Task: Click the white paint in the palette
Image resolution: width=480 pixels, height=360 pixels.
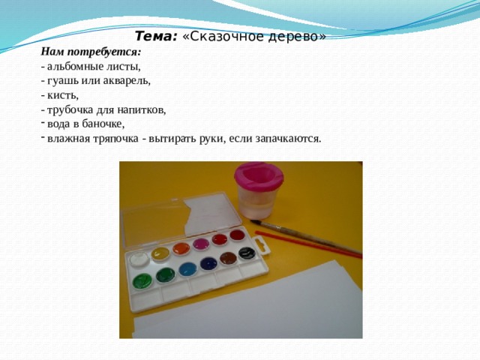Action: (139, 259)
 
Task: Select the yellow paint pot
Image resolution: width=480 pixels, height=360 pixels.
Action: (160, 253)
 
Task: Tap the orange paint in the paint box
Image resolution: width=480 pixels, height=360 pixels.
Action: (181, 248)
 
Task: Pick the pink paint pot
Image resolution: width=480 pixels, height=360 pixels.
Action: (201, 244)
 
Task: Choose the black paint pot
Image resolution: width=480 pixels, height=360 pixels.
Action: (247, 253)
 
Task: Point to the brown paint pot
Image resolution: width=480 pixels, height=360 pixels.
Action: (228, 258)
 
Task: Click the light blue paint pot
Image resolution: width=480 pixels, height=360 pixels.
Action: (187, 269)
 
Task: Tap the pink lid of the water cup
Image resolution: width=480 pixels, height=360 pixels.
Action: (259, 175)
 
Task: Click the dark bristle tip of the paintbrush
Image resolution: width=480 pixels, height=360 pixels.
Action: (255, 222)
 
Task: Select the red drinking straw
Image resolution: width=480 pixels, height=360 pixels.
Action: (308, 244)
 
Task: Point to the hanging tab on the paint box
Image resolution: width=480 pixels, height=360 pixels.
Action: (262, 246)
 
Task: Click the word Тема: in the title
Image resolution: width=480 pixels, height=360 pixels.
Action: (156, 37)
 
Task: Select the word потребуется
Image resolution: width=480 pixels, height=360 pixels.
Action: (103, 52)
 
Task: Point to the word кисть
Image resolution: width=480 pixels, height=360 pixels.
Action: (63, 95)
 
